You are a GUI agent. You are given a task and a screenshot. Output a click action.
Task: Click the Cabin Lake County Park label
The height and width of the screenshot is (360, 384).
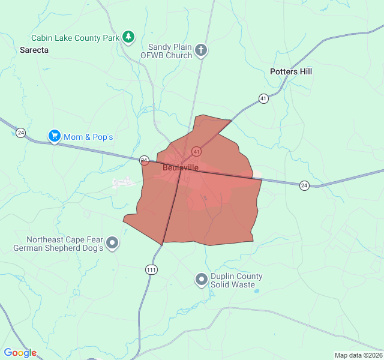tap(76, 38)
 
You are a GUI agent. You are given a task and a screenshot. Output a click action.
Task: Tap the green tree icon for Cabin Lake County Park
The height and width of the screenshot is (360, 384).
tap(128, 37)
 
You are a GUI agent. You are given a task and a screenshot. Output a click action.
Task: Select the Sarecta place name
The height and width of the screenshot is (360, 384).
tap(34, 50)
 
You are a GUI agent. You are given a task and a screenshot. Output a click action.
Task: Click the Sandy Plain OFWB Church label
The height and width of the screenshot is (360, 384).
tap(170, 51)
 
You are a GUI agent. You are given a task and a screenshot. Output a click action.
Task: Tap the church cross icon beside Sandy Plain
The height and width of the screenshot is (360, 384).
tap(201, 50)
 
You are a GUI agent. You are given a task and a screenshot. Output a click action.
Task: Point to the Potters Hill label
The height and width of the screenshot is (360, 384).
tap(291, 71)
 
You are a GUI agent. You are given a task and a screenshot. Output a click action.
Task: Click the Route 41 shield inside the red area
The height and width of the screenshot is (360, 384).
tap(196, 151)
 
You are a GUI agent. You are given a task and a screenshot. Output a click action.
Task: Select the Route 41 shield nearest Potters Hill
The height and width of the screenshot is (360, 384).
tap(263, 98)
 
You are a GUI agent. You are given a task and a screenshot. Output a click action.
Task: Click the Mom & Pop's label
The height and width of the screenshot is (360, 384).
tap(88, 137)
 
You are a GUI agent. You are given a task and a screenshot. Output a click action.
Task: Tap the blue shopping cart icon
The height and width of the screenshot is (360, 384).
tap(55, 137)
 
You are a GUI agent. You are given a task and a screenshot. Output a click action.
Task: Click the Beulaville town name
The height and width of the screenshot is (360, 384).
tap(180, 168)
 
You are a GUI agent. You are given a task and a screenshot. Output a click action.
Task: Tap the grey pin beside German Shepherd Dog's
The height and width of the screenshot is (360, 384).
tap(112, 244)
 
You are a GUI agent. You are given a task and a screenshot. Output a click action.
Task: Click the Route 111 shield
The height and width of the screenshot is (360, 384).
tap(151, 270)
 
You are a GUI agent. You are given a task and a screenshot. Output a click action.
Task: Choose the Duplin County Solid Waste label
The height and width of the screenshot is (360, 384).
tap(236, 280)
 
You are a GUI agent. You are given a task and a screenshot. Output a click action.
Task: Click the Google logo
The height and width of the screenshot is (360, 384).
tap(20, 353)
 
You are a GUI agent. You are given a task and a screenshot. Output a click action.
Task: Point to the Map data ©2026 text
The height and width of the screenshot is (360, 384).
tap(358, 355)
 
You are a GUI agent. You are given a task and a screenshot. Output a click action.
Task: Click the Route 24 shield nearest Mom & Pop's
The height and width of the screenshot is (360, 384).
tap(21, 133)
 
